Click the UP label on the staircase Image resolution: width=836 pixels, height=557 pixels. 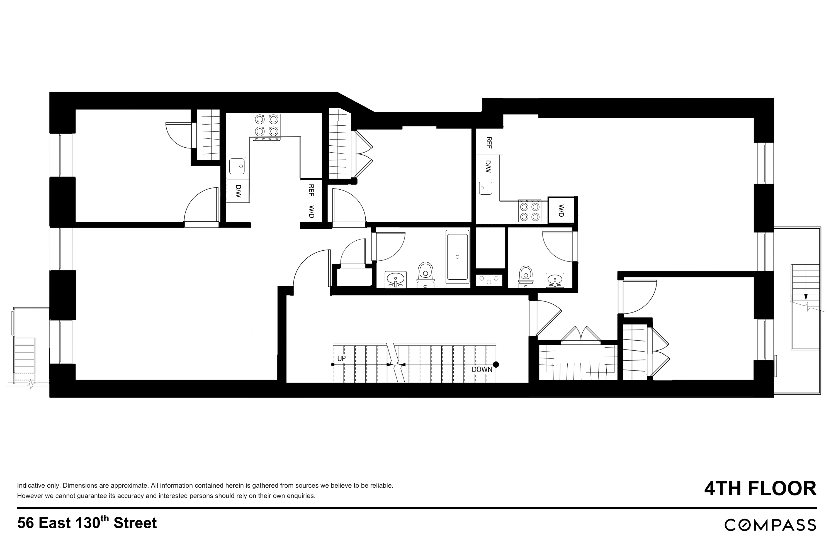pyautogui.click(x=341, y=358)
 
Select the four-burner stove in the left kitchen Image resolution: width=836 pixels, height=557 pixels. pyautogui.click(x=266, y=125)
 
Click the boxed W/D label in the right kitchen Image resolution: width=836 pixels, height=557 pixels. pyautogui.click(x=561, y=210)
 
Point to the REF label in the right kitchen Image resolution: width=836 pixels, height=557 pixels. pyautogui.click(x=489, y=143)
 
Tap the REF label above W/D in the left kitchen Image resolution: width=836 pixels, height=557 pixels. pyautogui.click(x=311, y=190)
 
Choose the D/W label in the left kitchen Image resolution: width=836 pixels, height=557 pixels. pyautogui.click(x=238, y=191)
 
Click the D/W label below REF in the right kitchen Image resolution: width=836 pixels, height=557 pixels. pyautogui.click(x=488, y=166)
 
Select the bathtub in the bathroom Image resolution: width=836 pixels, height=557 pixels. pyautogui.click(x=458, y=256)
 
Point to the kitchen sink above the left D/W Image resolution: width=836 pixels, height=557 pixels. pyautogui.click(x=237, y=166)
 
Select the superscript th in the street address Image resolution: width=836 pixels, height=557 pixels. pyautogui.click(x=104, y=518)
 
